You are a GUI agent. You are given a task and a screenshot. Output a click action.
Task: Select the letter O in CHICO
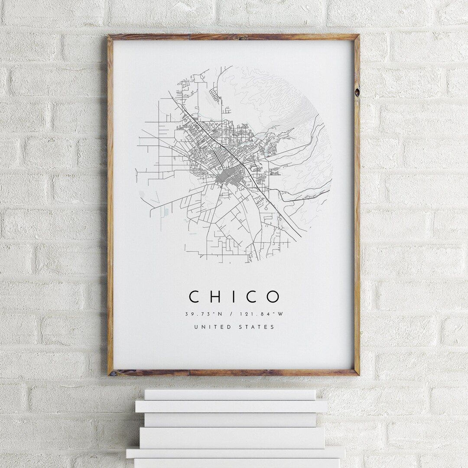coord(273,297)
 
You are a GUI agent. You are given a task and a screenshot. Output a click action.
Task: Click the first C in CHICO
coord(194,297)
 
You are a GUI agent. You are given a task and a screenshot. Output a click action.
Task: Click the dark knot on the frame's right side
coord(357,92)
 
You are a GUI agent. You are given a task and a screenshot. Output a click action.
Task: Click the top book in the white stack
coord(230,394)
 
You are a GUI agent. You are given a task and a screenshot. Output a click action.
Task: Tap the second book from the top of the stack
coord(231,406)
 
